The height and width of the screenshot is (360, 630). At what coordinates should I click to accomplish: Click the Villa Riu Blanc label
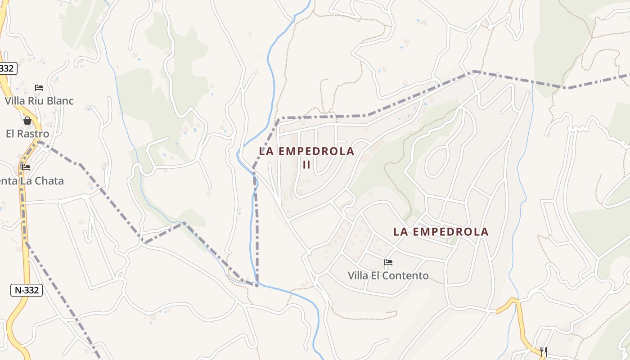(39, 101)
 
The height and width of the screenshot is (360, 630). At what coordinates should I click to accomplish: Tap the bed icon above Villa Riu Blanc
(39, 88)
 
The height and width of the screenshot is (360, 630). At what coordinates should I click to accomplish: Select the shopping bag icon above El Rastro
(27, 121)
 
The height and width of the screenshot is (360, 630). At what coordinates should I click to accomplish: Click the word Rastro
(33, 134)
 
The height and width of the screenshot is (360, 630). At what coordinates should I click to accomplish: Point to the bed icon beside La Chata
(26, 167)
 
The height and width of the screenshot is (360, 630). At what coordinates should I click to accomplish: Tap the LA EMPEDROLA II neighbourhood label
(306, 157)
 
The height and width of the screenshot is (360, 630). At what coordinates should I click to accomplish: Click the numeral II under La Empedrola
(306, 165)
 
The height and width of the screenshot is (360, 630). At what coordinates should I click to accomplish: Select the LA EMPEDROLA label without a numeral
(441, 232)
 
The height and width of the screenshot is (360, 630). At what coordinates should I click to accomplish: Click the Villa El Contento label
(388, 275)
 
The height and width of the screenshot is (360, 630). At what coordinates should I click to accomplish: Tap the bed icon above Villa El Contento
(388, 262)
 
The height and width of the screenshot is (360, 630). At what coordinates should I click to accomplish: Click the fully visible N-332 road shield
(27, 290)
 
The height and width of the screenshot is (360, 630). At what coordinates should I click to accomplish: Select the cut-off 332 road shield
(7, 68)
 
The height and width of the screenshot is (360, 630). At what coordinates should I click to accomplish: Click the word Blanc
(60, 101)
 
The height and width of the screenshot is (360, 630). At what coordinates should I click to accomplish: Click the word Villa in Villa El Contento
(358, 275)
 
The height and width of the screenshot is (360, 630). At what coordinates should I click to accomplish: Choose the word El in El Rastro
(10, 134)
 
